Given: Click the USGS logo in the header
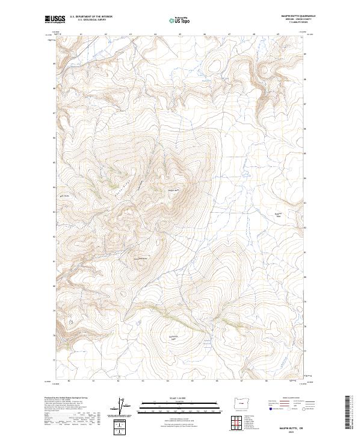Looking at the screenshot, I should [55, 19].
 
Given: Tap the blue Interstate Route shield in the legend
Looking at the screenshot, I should [271, 409].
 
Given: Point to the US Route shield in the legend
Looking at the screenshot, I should [289, 409].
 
